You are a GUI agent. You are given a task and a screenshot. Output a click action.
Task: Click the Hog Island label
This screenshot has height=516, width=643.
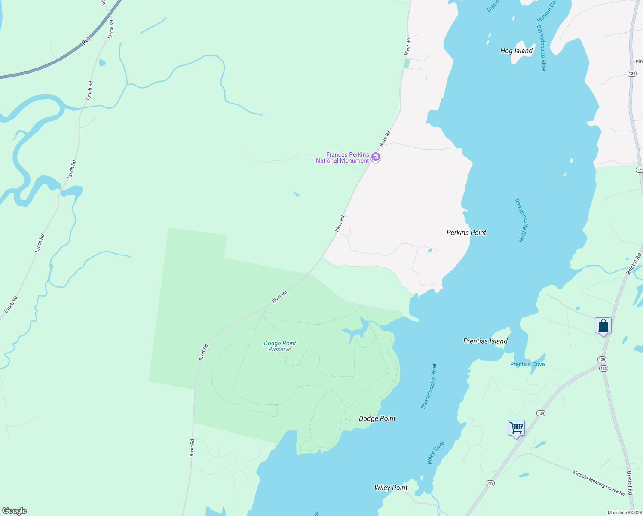point(516,51)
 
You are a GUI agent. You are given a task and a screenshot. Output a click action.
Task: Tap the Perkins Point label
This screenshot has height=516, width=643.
point(466,233)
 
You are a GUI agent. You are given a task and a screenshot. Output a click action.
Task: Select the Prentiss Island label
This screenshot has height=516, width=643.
point(485,341)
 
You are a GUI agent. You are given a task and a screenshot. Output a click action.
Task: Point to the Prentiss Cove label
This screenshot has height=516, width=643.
point(527,364)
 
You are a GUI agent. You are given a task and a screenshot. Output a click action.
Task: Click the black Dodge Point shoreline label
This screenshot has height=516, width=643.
point(377,418)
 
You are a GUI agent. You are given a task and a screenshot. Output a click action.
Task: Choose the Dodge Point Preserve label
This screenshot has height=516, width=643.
point(280,346)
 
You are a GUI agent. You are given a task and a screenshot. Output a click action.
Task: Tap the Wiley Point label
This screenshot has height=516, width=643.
point(391,488)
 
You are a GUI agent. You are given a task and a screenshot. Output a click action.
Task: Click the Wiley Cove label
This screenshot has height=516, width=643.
point(435,452)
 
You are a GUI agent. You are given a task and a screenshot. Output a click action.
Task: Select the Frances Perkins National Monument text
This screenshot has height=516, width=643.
point(343,157)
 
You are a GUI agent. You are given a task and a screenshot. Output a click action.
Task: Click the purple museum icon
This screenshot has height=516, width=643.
point(376,157)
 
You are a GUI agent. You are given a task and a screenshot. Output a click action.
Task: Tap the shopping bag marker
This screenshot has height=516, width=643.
point(603,326)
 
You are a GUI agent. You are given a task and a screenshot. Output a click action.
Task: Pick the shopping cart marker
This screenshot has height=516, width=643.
point(516,428)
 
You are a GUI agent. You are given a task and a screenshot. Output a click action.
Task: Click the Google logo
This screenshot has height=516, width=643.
point(14,511)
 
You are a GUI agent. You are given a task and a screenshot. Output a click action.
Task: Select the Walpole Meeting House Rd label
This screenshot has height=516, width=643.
point(598,482)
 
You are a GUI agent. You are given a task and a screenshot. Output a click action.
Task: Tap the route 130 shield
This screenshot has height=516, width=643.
point(604,369)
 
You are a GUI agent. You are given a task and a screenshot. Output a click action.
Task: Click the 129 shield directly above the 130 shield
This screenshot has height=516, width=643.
point(601,359)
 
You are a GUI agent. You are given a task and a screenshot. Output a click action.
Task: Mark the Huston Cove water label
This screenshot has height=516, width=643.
point(546,11)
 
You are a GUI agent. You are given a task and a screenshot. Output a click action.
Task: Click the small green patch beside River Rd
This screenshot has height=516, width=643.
point(407,64)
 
